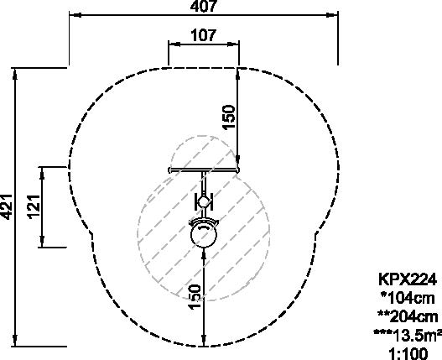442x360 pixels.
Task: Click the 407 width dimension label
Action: pyautogui.click(x=204, y=6)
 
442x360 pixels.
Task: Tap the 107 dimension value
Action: pyautogui.click(x=204, y=35)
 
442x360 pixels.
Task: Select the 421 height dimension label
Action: pyautogui.click(x=6, y=206)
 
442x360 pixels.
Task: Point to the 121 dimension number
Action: pyautogui.click(x=34, y=206)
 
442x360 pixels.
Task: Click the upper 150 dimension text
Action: pyautogui.click(x=229, y=117)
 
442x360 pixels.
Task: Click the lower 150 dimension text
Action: pyautogui.click(x=195, y=297)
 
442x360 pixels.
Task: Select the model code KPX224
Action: pyautogui.click(x=407, y=279)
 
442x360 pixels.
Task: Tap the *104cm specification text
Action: pyautogui.click(x=408, y=298)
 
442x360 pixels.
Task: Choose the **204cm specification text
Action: pyautogui.click(x=408, y=316)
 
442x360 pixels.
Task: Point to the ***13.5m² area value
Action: pyautogui.click(x=408, y=335)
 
